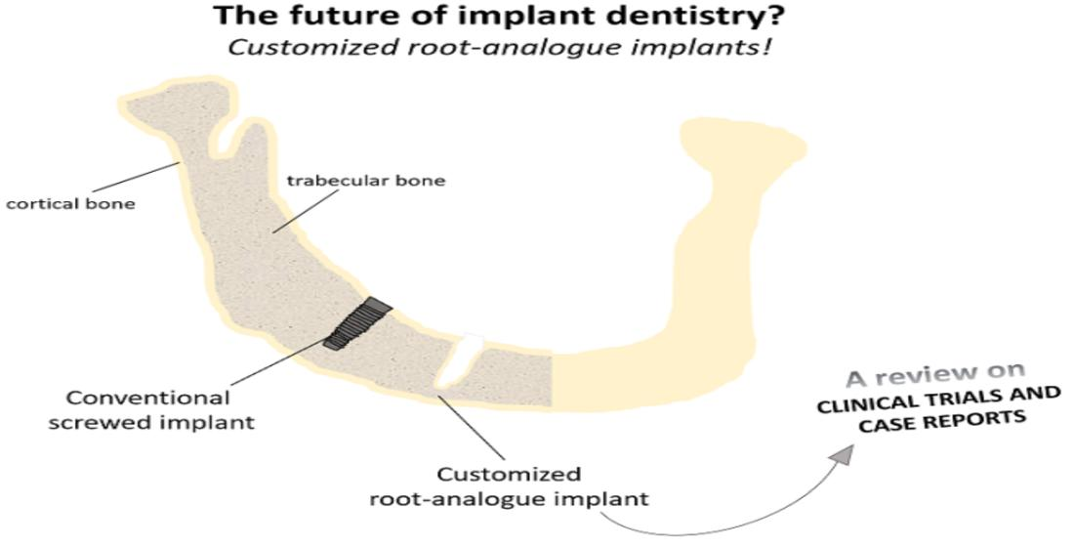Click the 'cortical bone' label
pyautogui.click(x=70, y=203)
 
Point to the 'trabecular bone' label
pyautogui.click(x=366, y=181)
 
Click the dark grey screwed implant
pyautogui.click(x=356, y=324)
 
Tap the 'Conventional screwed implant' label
pyautogui.click(x=150, y=409)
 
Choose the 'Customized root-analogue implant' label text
pyautogui.click(x=509, y=486)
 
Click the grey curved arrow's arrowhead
pyautogui.click(x=844, y=453)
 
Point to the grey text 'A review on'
pyautogui.click(x=935, y=376)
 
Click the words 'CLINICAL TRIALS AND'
pyautogui.click(x=938, y=401)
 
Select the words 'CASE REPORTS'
pyautogui.click(x=942, y=422)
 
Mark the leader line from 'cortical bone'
pyautogui.click(x=142, y=178)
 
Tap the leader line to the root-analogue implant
pyautogui.click(x=472, y=427)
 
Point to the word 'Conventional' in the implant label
pyautogui.click(x=148, y=398)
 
